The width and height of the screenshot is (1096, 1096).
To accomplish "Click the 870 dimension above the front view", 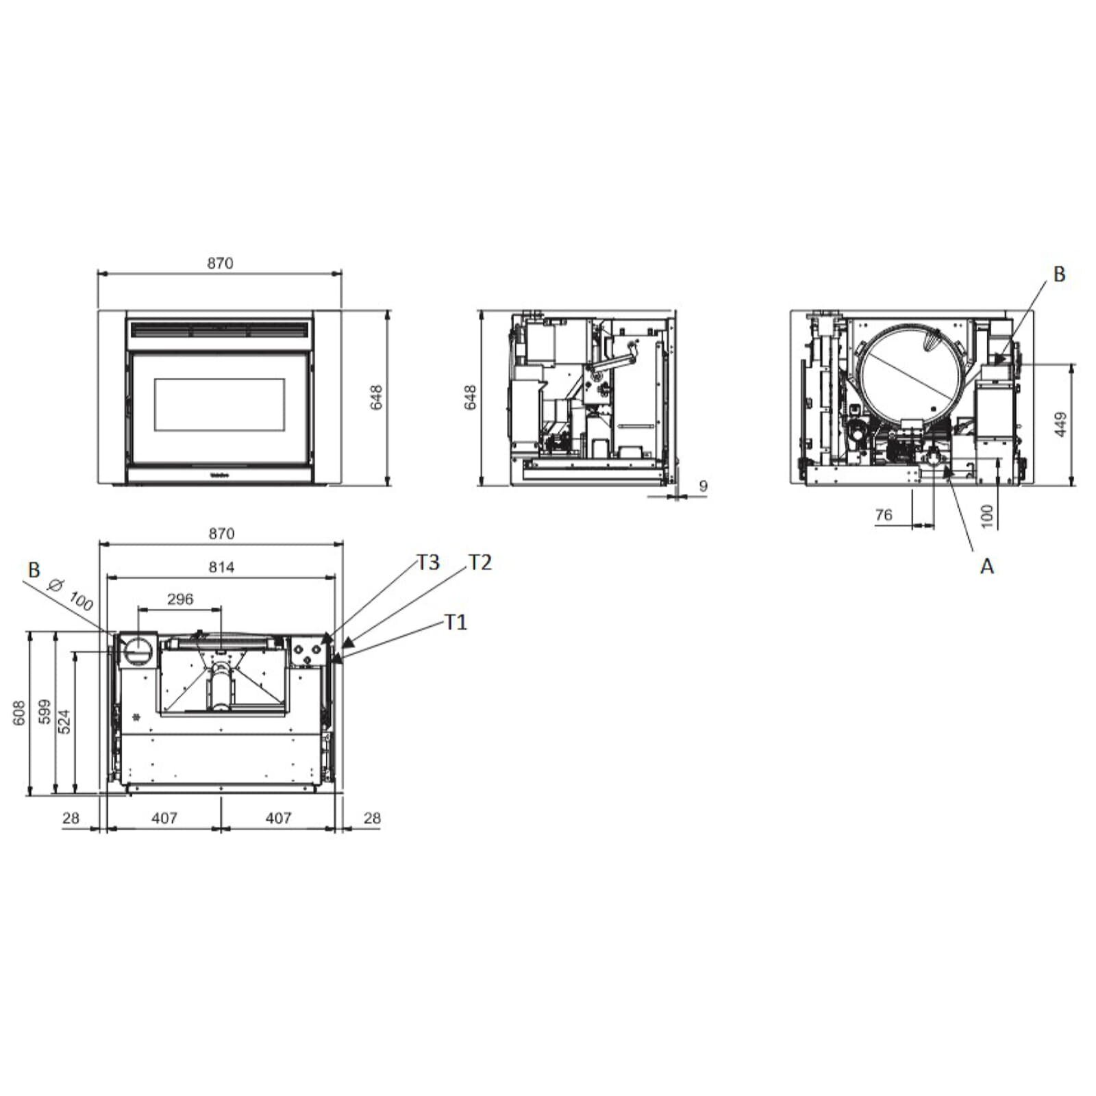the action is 220,263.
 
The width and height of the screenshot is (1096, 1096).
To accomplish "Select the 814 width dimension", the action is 221,567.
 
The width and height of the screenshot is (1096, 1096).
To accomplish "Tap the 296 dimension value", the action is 180,599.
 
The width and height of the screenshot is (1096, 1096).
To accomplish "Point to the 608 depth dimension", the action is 19,712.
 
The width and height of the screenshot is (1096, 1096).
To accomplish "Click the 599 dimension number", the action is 45,712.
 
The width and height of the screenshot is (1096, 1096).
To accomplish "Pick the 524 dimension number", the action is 64,722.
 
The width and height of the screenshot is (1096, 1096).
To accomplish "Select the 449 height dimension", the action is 1060,425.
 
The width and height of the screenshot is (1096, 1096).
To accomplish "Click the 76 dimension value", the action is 884,514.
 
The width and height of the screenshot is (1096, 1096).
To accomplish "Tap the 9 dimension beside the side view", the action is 703,486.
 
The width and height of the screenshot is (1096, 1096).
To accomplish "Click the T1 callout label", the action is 456,622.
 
